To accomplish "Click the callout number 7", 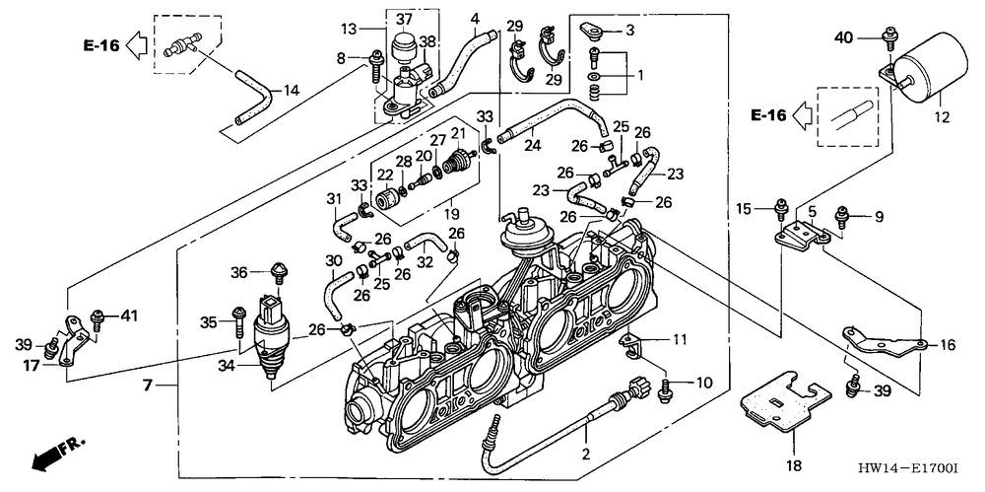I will click(148, 385).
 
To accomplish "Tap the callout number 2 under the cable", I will click(586, 455).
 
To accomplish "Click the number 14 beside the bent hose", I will click(291, 91).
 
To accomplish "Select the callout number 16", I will click(947, 345).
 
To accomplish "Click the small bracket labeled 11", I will click(630, 344).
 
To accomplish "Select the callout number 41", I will click(127, 316).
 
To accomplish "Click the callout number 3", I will click(630, 31).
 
